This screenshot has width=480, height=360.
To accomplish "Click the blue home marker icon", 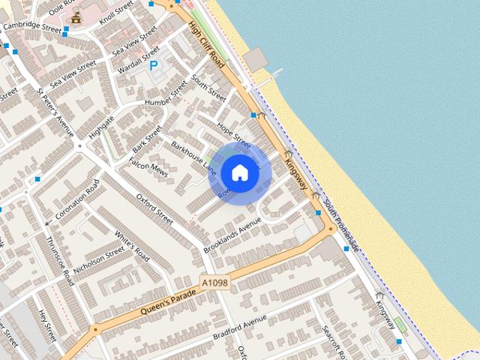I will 239,172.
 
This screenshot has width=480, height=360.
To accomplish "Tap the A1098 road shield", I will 214,283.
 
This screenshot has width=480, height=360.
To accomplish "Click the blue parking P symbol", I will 154,66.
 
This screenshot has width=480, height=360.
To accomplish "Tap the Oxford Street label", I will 154,208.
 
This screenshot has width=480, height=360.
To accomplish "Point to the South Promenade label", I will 340,225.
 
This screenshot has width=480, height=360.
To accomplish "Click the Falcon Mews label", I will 147,167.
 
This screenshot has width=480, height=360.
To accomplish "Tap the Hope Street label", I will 232,132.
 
